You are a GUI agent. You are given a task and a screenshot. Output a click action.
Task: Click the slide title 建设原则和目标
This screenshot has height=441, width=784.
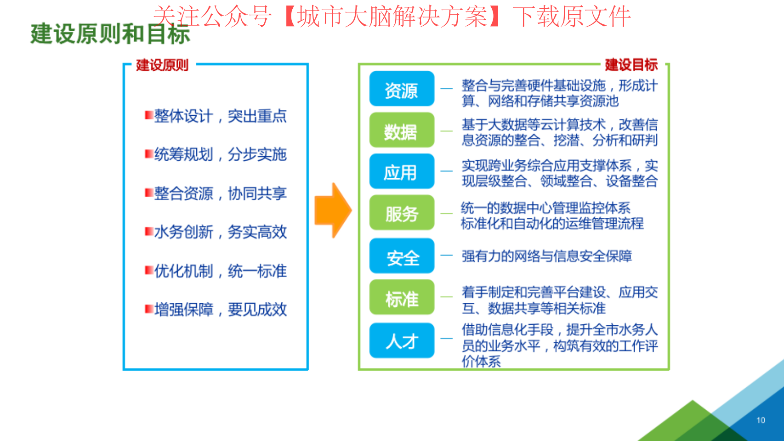(110, 34)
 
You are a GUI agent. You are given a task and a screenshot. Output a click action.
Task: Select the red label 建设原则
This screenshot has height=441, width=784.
(162, 65)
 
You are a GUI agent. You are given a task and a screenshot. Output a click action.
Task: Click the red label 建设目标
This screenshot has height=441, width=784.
(631, 65)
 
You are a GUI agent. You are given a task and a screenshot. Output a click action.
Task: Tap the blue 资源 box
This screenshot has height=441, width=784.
(402, 89)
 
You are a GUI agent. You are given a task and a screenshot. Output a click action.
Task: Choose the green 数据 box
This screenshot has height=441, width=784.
(402, 130)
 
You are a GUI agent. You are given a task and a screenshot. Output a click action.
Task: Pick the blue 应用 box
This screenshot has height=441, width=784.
(402, 171)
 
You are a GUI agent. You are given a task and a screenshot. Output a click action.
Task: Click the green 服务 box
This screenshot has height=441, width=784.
(402, 212)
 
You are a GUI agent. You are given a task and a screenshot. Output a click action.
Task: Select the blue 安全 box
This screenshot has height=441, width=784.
(402, 256)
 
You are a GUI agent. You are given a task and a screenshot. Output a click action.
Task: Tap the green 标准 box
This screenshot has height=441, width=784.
(402, 297)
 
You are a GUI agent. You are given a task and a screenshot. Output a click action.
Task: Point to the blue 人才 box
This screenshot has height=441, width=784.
(402, 340)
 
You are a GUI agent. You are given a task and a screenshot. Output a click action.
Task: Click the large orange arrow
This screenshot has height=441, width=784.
(333, 210)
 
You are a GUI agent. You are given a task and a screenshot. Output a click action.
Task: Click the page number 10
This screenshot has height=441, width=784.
(761, 420)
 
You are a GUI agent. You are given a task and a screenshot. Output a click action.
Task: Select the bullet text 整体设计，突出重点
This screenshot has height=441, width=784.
(221, 116)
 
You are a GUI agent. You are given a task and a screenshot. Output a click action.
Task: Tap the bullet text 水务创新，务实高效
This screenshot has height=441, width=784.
(221, 232)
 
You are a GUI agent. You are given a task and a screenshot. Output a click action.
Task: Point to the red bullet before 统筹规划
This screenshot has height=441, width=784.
(149, 154)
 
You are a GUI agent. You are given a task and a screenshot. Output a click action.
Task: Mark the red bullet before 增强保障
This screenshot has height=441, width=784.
(149, 309)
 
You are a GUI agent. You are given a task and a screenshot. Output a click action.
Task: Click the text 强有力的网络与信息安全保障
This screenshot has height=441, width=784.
(547, 256)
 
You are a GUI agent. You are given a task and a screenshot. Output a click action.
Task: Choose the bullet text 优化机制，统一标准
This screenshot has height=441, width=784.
(221, 271)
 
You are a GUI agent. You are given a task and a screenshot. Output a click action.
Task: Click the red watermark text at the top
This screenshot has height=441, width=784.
(392, 17)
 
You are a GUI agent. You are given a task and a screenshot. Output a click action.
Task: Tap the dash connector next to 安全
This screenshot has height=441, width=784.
(446, 255)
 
